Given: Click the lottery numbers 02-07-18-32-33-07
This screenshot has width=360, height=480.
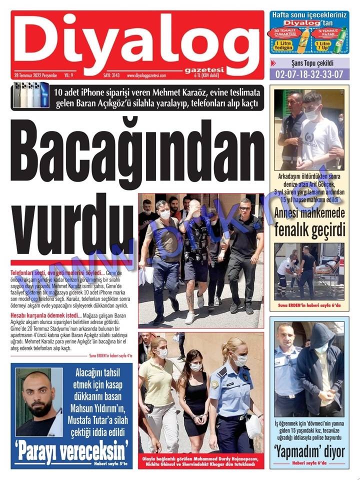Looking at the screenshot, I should (309, 74).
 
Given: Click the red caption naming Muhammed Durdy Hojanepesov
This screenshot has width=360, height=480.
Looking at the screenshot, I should (200, 460).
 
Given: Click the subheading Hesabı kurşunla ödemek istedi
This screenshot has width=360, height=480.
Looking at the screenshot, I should (44, 315).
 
